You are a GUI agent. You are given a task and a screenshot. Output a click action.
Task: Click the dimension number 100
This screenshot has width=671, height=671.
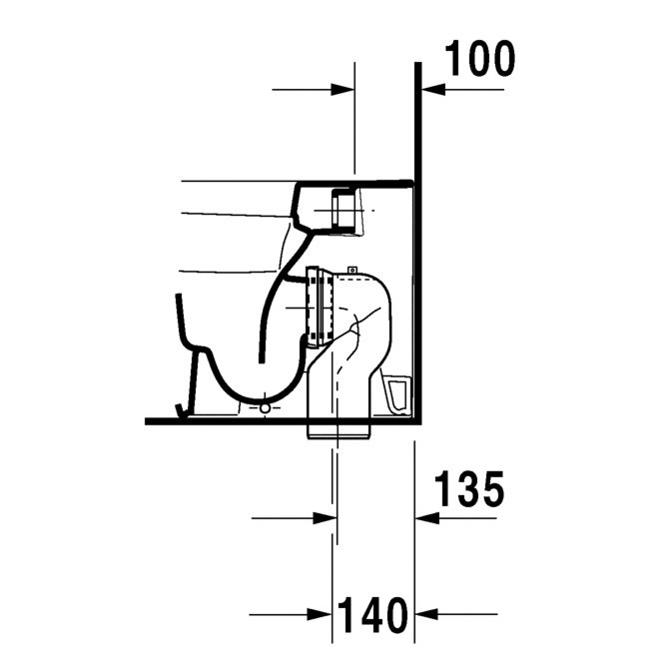point(479,60)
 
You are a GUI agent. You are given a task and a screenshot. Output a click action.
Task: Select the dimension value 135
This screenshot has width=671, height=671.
point(469,491)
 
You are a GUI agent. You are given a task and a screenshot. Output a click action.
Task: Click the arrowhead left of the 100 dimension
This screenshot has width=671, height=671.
point(345,89)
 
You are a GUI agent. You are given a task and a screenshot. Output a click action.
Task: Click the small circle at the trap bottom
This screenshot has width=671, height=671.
point(265,407)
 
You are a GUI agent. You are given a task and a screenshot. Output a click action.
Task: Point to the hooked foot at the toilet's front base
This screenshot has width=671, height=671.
point(180,407)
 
